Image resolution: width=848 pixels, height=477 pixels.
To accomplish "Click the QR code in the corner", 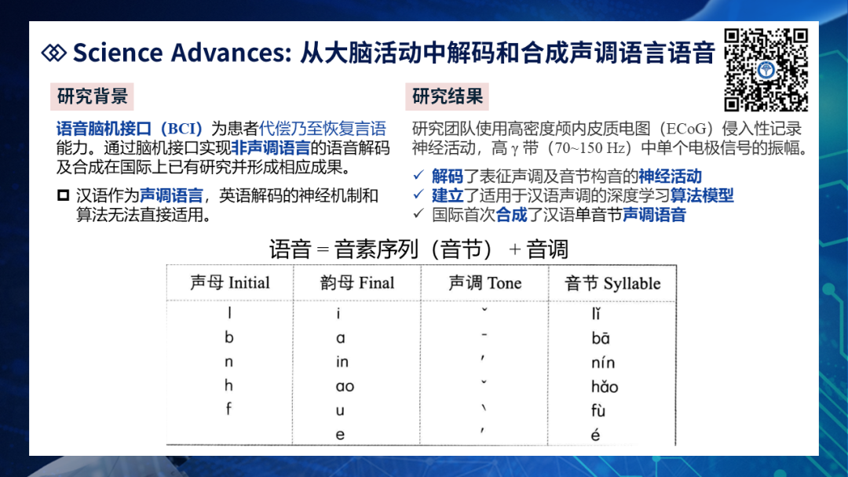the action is (x=766, y=71).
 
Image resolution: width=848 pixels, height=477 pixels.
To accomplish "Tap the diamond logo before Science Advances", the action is (x=53, y=53).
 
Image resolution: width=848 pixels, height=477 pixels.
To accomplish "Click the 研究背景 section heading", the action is (x=92, y=96).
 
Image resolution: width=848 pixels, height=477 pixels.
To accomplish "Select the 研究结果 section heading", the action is (x=448, y=96).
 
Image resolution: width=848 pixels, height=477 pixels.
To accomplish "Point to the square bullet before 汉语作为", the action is (x=64, y=195).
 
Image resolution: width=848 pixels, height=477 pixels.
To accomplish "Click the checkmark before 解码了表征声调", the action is (x=419, y=175).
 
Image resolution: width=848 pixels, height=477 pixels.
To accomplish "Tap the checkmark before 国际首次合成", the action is (x=419, y=213).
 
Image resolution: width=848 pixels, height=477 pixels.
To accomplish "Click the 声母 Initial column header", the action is (x=230, y=282).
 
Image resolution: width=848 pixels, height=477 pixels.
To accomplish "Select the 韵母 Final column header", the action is (x=357, y=282).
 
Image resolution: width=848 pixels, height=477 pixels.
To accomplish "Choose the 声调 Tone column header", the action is (x=485, y=282).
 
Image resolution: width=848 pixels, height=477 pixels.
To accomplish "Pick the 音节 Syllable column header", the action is (x=612, y=283).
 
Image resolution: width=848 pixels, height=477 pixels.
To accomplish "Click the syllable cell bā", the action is (x=601, y=338).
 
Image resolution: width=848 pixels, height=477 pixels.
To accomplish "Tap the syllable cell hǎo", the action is (x=604, y=386).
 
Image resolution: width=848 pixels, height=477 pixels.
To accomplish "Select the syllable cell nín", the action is (x=603, y=362).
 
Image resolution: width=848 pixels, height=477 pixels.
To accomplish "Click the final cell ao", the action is (x=345, y=386).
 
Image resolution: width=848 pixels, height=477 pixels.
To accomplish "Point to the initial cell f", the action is (x=228, y=409).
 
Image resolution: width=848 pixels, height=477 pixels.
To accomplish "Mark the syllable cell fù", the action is (x=598, y=410).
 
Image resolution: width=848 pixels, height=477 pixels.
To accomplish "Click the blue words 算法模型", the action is (x=702, y=195).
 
